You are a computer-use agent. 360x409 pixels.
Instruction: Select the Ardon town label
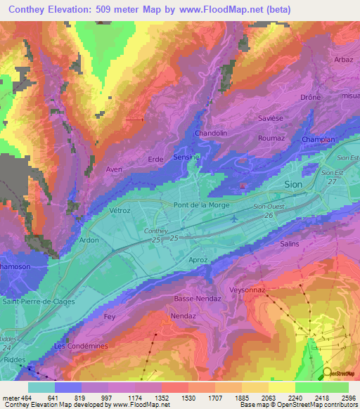click(x=89, y=240)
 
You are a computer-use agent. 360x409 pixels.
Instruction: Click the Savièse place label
click(x=270, y=118)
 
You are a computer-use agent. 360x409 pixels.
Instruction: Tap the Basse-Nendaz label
click(x=194, y=299)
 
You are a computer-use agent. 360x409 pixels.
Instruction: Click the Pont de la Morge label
click(x=204, y=205)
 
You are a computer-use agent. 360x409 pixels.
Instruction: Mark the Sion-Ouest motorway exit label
click(x=270, y=208)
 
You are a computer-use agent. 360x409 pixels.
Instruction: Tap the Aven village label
click(x=114, y=169)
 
